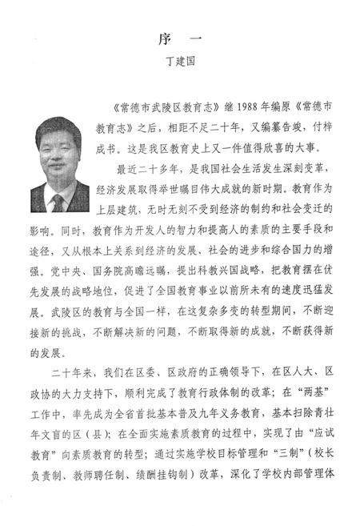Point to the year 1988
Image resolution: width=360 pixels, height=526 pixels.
pos(227,106)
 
